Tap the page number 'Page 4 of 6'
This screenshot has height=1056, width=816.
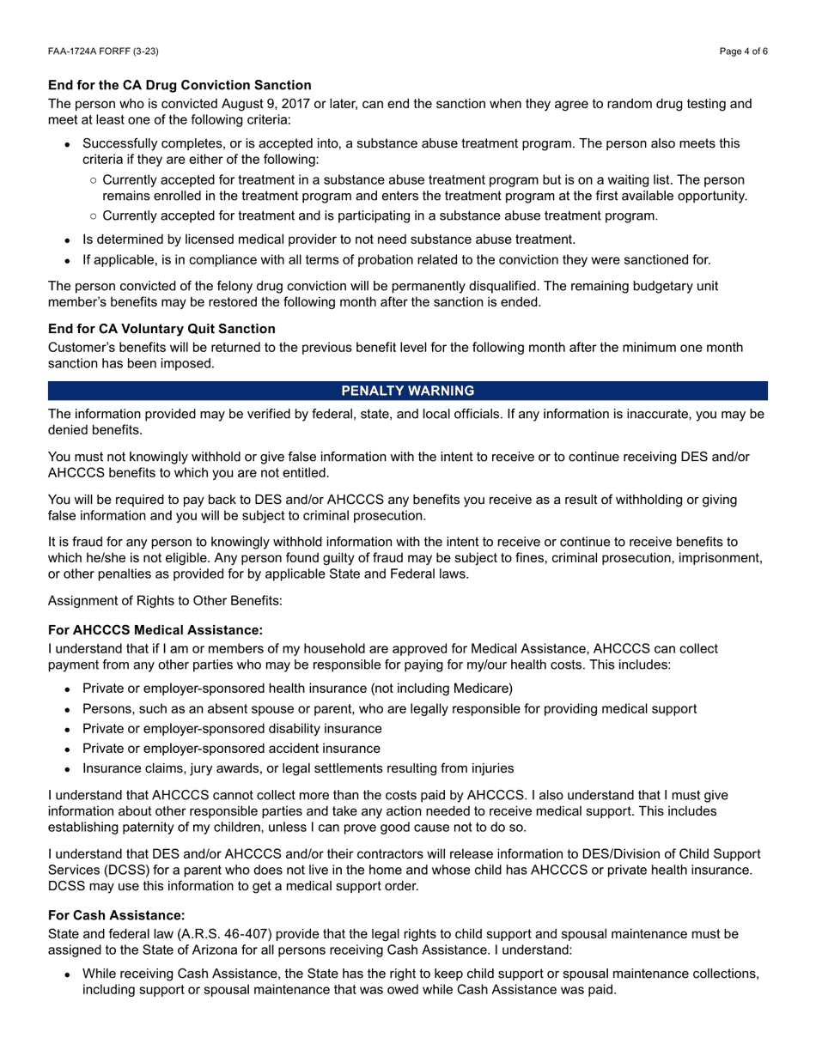(x=744, y=52)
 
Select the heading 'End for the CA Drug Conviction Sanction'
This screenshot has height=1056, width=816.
(x=180, y=85)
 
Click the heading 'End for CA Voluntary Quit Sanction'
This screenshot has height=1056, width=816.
(x=161, y=329)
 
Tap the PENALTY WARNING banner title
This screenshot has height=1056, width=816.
(x=408, y=391)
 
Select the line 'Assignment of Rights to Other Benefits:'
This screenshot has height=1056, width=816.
(x=165, y=600)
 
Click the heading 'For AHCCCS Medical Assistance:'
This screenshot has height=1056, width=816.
(x=155, y=630)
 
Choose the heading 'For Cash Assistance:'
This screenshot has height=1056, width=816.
(x=117, y=915)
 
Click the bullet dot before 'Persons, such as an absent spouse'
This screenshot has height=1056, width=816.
(x=67, y=709)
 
